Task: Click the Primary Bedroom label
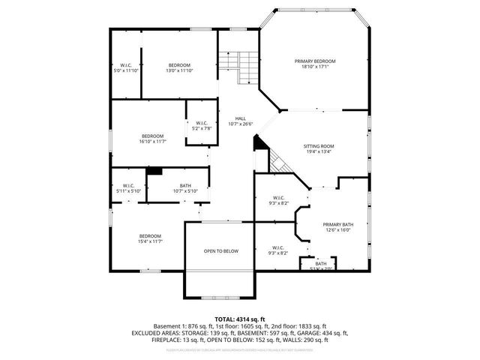tap(314, 61)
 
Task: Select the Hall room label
tap(240, 118)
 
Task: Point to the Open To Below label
tap(221, 251)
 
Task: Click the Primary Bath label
tap(337, 224)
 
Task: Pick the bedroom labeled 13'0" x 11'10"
tap(179, 64)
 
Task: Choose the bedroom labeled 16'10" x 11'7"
tap(152, 136)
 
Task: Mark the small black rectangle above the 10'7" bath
tap(154, 170)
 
